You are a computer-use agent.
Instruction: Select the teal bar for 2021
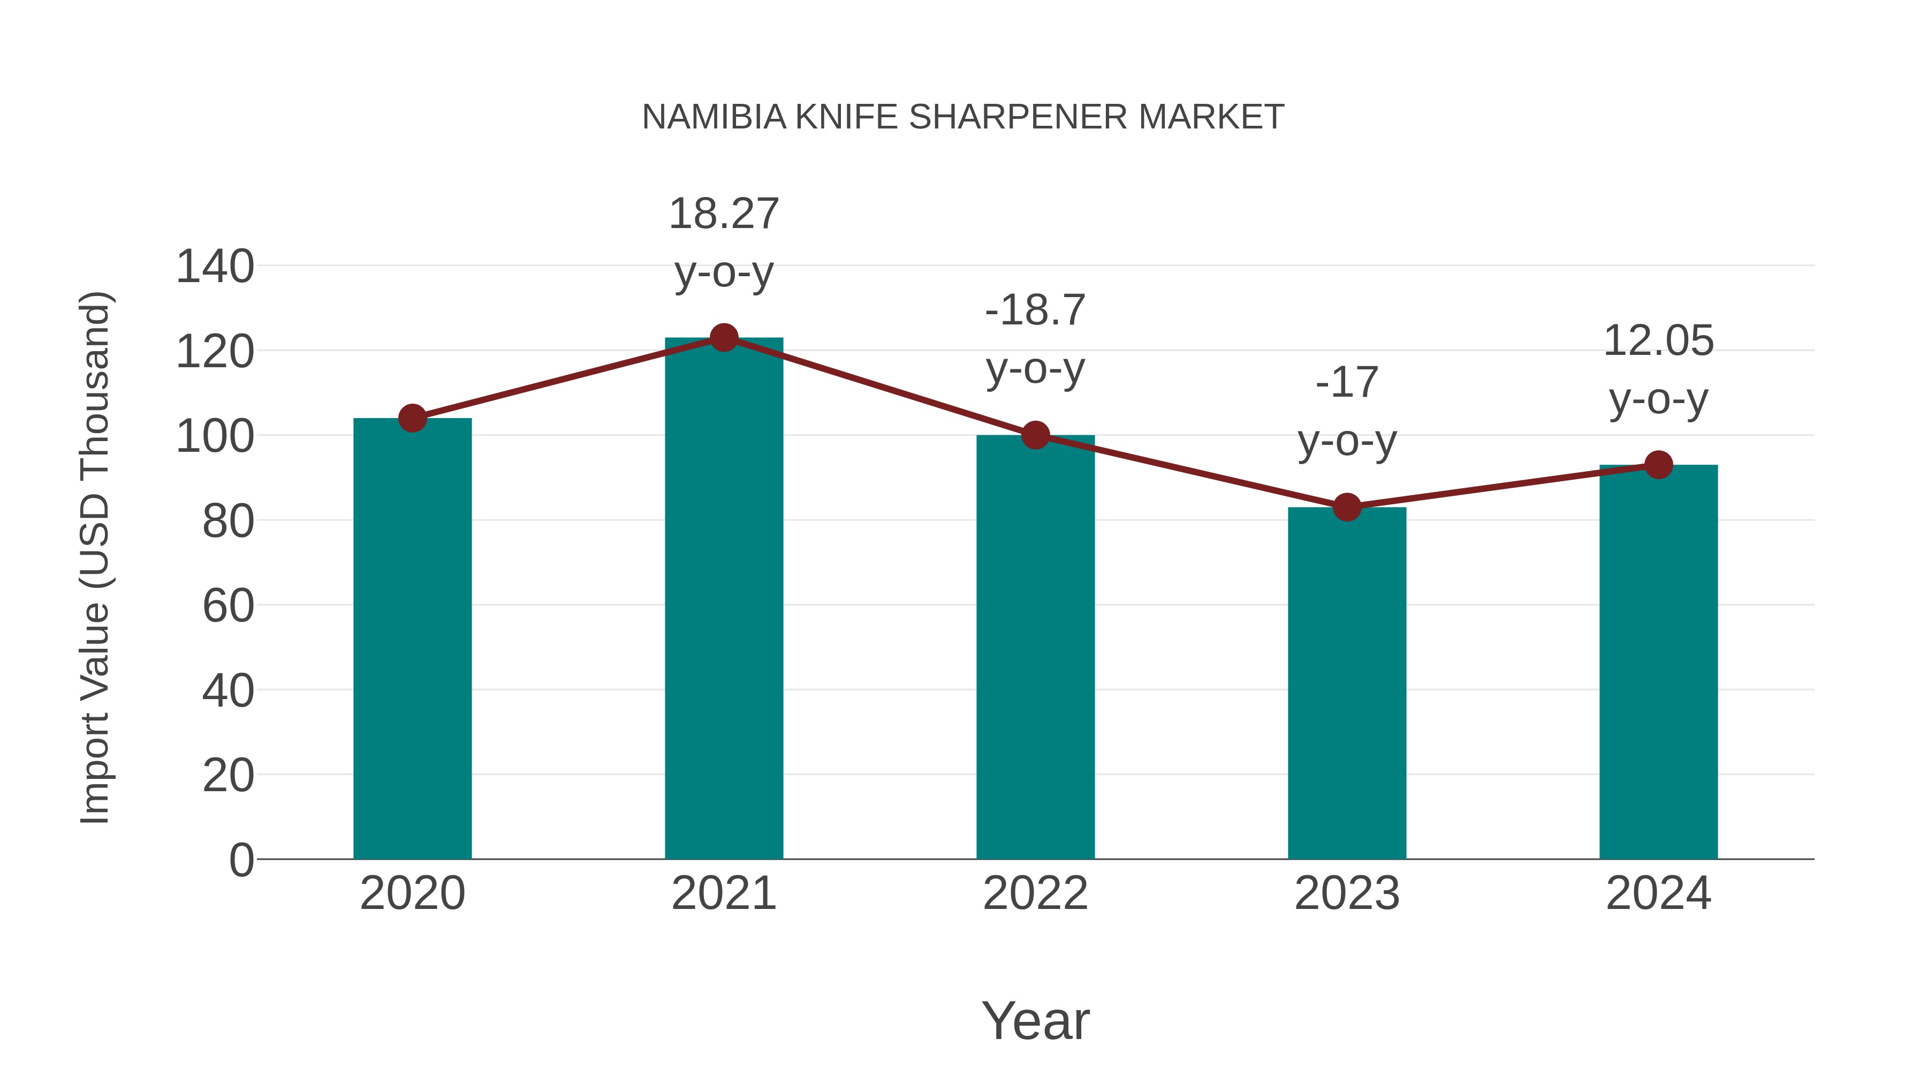tap(723, 598)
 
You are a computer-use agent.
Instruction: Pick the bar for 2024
tap(1658, 662)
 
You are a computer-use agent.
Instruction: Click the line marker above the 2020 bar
tap(412, 418)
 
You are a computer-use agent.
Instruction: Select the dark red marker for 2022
tap(1035, 435)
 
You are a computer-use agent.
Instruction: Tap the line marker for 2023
tap(1347, 507)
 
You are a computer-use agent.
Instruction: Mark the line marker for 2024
tap(1658, 465)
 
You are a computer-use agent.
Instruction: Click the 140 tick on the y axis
tap(215, 267)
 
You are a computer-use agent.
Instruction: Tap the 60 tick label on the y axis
tap(227, 605)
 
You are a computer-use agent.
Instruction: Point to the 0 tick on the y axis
tap(241, 860)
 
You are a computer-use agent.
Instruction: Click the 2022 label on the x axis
tap(1035, 893)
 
